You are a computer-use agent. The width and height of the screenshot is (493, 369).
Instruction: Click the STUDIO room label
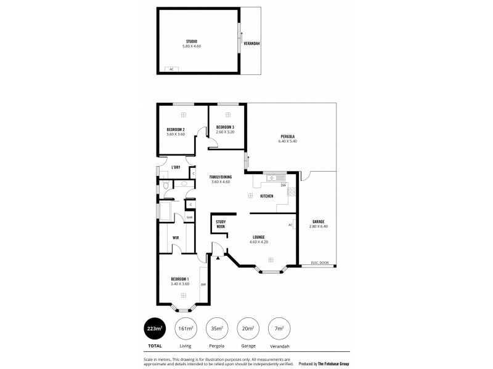tap(192, 41)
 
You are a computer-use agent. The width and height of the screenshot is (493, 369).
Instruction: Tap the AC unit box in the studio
tap(171, 69)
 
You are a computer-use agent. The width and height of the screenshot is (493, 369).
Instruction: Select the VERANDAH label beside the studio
tap(251, 44)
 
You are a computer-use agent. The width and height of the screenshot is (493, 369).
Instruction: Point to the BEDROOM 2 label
tap(176, 129)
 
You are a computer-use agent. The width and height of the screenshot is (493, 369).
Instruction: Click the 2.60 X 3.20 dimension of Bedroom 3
tap(225, 132)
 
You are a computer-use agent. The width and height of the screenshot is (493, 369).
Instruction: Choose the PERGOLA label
tap(287, 136)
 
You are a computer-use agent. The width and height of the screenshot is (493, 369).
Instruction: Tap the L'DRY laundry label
tap(176, 167)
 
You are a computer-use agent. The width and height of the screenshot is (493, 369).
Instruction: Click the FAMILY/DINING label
tap(220, 177)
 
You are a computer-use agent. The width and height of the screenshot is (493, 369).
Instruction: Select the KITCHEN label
tap(266, 196)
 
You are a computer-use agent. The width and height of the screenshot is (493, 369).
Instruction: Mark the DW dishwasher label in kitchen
tap(283, 185)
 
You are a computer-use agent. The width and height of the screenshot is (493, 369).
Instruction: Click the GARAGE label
tap(318, 221)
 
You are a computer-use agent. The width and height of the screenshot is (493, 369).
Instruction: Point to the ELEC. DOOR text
tap(319, 263)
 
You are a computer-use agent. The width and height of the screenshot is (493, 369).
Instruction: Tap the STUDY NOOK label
tap(220, 224)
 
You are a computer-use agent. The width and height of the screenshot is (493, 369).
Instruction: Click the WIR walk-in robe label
tap(176, 237)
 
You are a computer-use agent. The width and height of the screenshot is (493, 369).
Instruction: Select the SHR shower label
tap(190, 217)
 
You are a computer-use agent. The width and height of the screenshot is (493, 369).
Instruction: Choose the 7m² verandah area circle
tap(279, 330)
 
